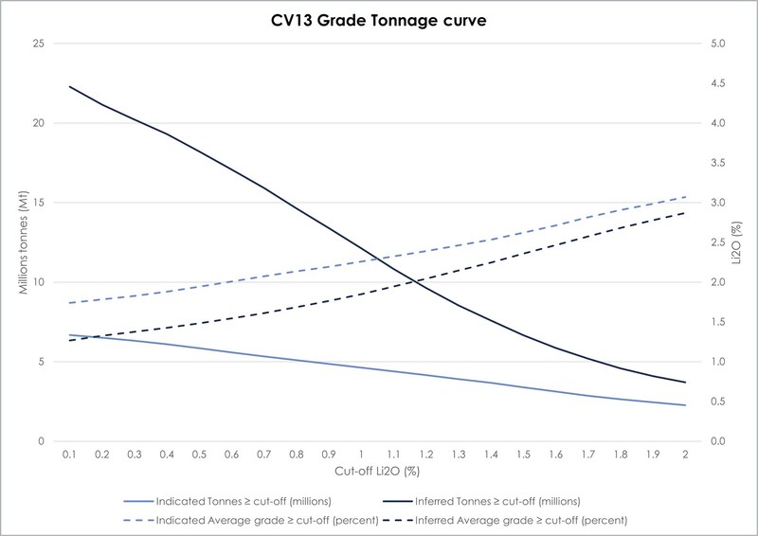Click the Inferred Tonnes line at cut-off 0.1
(x=69, y=86)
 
